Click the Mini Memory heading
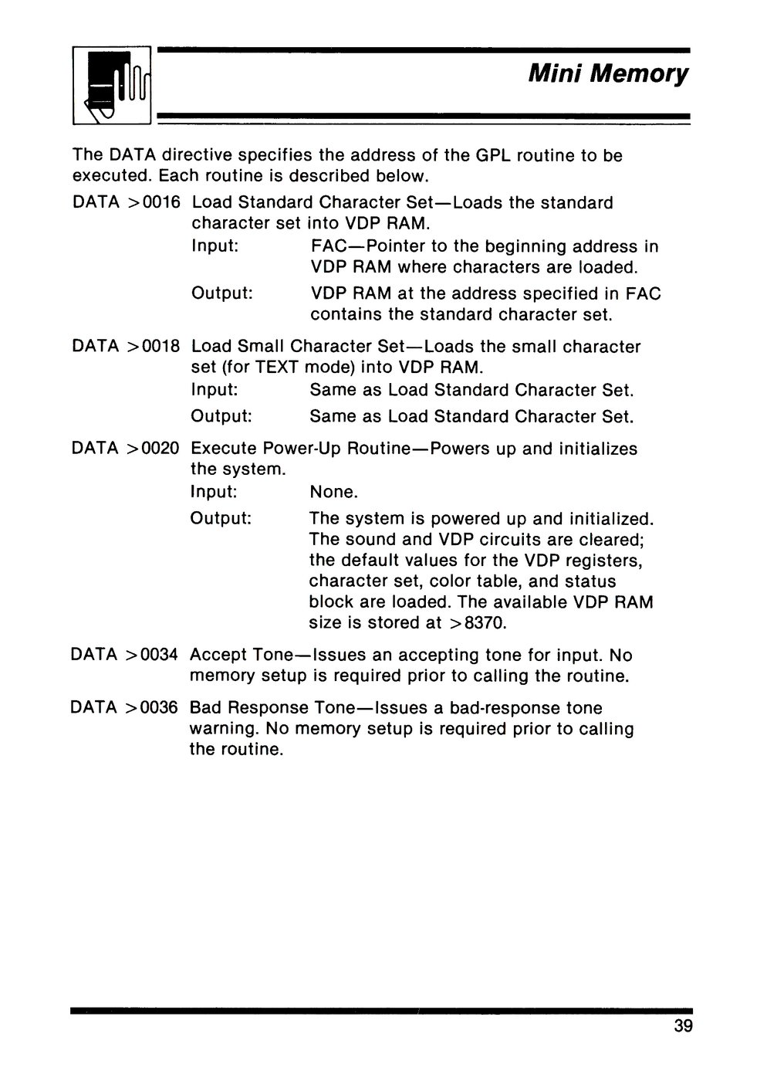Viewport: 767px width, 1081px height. click(607, 74)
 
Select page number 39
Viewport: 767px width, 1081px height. click(682, 1026)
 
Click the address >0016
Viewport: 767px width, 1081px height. click(154, 203)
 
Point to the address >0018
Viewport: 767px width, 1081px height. click(154, 347)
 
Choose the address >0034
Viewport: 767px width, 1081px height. click(153, 656)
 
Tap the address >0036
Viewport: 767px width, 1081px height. click(153, 708)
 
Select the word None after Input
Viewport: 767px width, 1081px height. click(333, 492)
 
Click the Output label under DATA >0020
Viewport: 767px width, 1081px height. click(221, 518)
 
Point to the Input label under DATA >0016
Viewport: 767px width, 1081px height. click(214, 246)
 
